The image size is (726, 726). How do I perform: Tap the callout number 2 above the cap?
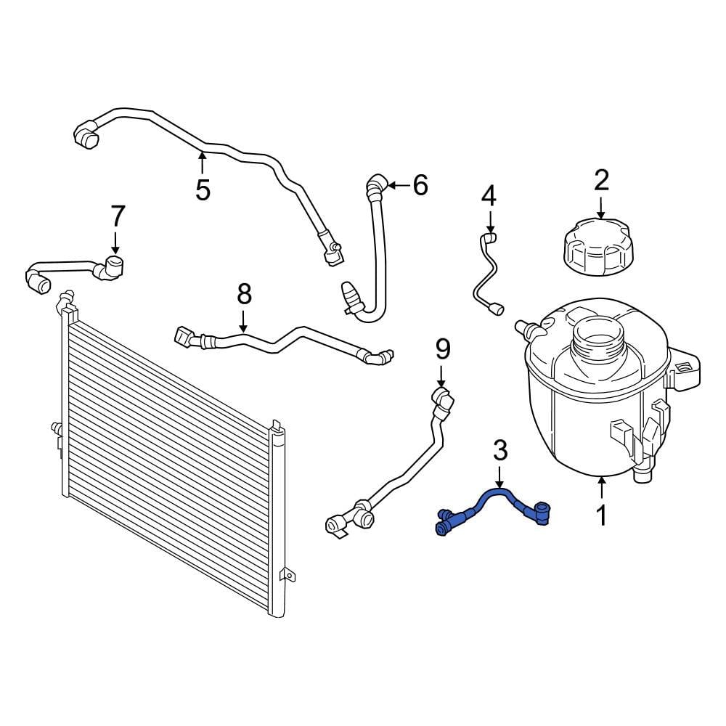pos(601,181)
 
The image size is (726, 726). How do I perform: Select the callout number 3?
pos(500,451)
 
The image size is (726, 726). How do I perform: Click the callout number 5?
pos(203,189)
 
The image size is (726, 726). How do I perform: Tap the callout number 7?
pos(118,216)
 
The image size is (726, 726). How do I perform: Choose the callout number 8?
pos(244,294)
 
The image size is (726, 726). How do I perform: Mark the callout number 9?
pos(443,349)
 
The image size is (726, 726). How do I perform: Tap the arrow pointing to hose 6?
pos(397,186)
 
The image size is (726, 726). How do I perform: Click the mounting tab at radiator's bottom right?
pos(288,576)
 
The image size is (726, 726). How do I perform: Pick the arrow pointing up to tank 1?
pos(601,486)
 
